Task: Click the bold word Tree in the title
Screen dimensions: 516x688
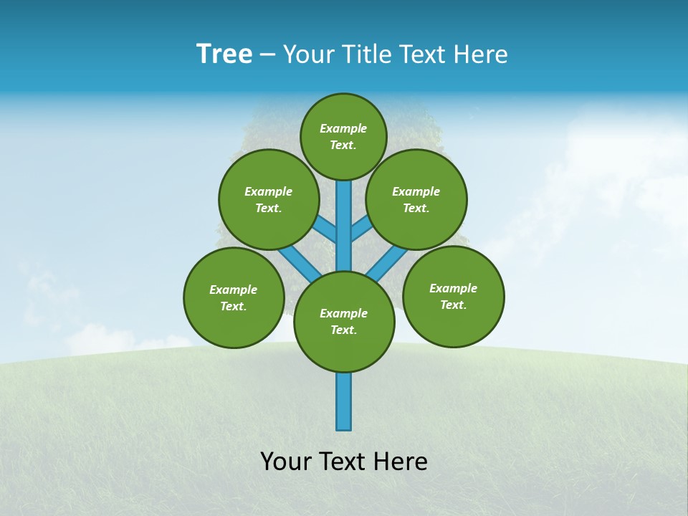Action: click(224, 54)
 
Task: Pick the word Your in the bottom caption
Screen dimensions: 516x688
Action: click(286, 462)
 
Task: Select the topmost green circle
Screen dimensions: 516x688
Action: click(343, 136)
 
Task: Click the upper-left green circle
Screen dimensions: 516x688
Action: click(269, 199)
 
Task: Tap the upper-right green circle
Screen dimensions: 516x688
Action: click(416, 199)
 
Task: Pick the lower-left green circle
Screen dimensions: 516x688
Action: click(234, 297)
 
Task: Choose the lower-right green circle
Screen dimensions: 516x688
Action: click(453, 296)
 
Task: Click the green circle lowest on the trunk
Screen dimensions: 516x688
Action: click(344, 322)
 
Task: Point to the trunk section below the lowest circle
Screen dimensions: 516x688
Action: click(344, 401)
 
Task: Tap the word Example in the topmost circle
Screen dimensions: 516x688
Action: click(343, 128)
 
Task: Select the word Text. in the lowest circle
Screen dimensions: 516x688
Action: click(343, 330)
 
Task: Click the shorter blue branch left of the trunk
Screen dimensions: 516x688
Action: click(327, 229)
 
